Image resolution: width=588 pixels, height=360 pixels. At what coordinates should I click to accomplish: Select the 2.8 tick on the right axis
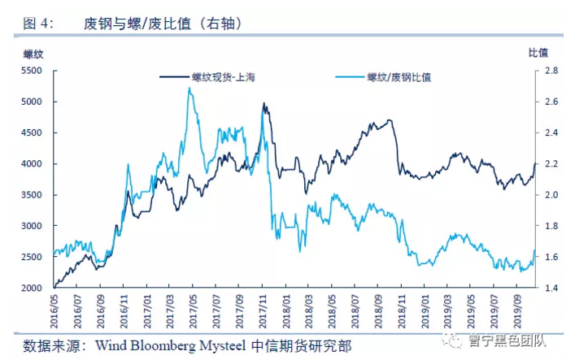click(551, 71)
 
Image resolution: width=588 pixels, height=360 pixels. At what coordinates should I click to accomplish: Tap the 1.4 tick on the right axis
click(551, 288)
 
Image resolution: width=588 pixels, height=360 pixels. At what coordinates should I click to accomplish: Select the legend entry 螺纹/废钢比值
click(399, 78)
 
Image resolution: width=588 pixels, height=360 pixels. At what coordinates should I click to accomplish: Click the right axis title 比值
click(538, 53)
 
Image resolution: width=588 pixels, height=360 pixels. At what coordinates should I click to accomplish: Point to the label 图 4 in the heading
click(37, 24)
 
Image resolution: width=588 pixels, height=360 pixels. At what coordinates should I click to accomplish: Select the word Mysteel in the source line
click(229, 345)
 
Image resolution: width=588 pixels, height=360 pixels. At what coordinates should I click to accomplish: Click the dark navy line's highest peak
click(264, 103)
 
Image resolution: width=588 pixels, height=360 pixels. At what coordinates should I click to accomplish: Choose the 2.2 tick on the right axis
click(551, 163)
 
